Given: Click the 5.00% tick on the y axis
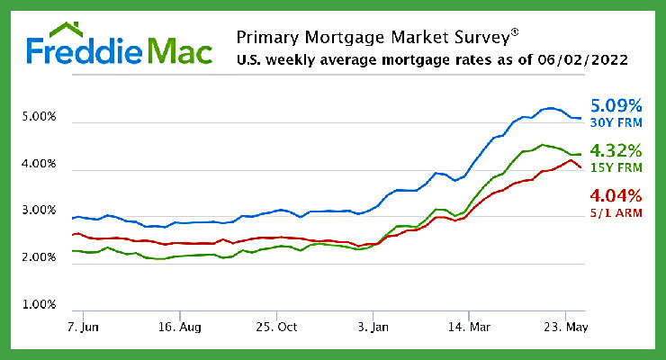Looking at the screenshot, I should pos(38,118).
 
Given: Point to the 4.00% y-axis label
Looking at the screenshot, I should pos(38,166).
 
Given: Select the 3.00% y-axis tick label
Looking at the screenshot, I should pos(38,211).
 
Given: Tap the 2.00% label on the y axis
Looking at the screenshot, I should pos(38,258).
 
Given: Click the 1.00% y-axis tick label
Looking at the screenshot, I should pos(38,305).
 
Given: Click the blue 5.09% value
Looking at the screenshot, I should pos(616,104).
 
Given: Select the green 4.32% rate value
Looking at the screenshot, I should pos(616,149).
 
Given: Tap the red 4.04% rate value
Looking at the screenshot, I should pos(616,195).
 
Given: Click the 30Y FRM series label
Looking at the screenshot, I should pos(615,121).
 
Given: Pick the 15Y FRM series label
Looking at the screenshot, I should pos(615,166).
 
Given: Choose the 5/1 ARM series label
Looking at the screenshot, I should pos(615,212).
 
